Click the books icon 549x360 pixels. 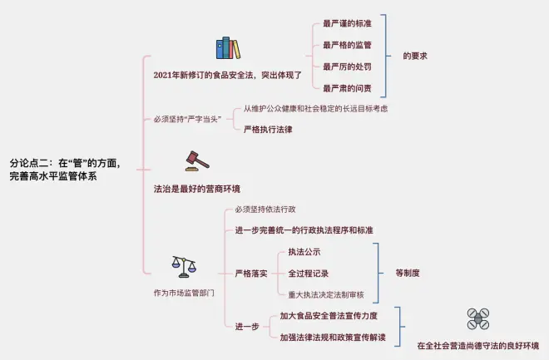(227, 48)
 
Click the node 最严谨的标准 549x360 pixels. (348, 23)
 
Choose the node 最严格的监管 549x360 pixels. (348, 45)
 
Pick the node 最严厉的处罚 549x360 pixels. (348, 67)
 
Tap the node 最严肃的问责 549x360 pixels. (348, 88)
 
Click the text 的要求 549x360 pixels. (415, 56)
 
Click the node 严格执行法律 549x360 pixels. (268, 130)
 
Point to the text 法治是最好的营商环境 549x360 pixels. (191, 189)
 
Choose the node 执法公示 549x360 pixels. (304, 252)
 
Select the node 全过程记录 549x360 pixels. (309, 273)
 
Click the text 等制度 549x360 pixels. (407, 273)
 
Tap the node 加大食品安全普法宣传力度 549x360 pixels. (329, 316)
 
